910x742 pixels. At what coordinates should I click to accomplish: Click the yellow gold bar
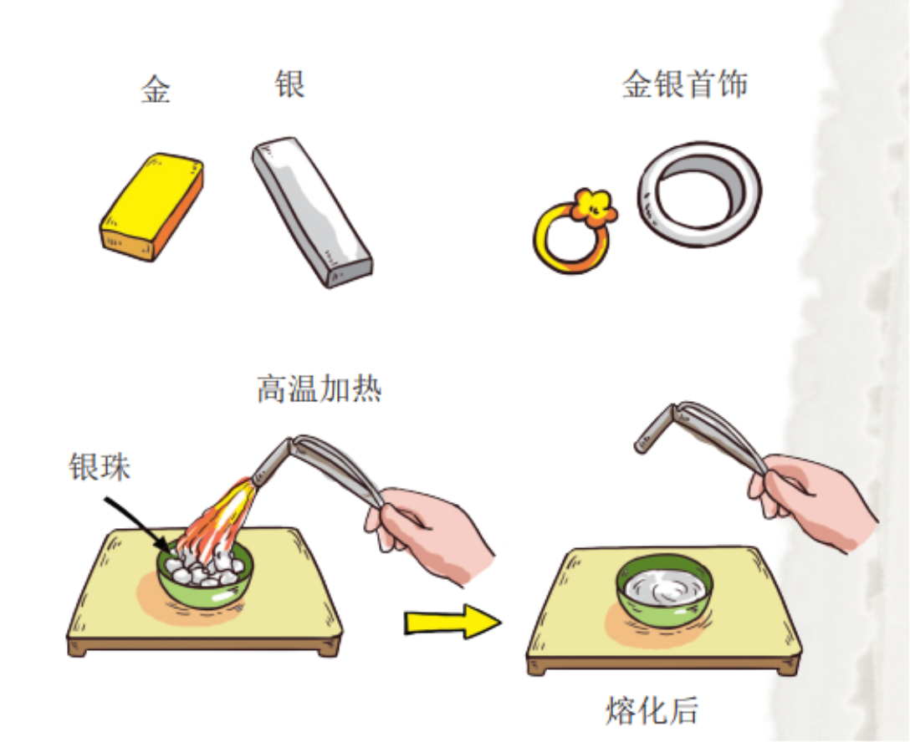coord(152,207)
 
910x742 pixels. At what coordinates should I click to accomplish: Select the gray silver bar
coord(312,212)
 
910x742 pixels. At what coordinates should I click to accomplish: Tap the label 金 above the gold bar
coord(156,89)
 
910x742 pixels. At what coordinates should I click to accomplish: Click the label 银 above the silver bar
coord(289,84)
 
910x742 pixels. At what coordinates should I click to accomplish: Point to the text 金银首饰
coord(685,84)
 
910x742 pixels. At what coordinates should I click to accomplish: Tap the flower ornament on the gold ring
coord(593,207)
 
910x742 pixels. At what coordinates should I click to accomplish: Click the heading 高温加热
coord(320,389)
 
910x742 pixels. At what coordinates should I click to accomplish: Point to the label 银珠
coord(100,466)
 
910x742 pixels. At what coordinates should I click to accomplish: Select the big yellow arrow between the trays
coord(452,622)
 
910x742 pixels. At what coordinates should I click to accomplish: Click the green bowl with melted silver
coord(664,592)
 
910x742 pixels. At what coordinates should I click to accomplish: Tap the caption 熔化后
coord(652,711)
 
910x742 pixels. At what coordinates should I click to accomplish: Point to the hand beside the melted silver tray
coord(812,499)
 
